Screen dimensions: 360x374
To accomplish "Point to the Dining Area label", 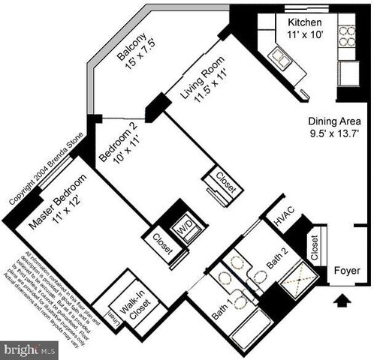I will click(334, 121).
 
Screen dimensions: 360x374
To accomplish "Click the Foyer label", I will click(347, 270).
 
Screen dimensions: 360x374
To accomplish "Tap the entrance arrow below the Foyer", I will click(342, 301).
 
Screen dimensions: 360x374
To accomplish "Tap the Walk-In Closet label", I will click(134, 304).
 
